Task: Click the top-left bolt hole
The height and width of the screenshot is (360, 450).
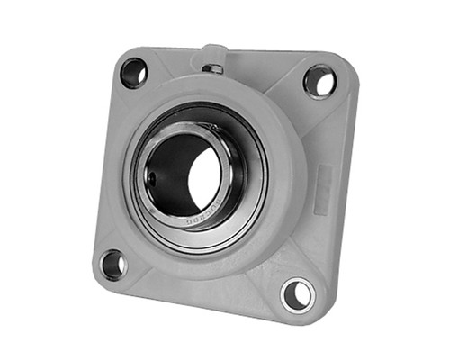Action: [134, 71]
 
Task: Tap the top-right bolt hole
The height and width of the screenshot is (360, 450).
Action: [319, 81]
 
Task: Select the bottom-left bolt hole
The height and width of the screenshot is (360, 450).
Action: [113, 264]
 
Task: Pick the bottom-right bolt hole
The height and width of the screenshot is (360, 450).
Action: [296, 293]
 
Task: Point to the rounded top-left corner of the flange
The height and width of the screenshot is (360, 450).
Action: [120, 56]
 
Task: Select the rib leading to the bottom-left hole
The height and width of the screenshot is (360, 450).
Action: [135, 243]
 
